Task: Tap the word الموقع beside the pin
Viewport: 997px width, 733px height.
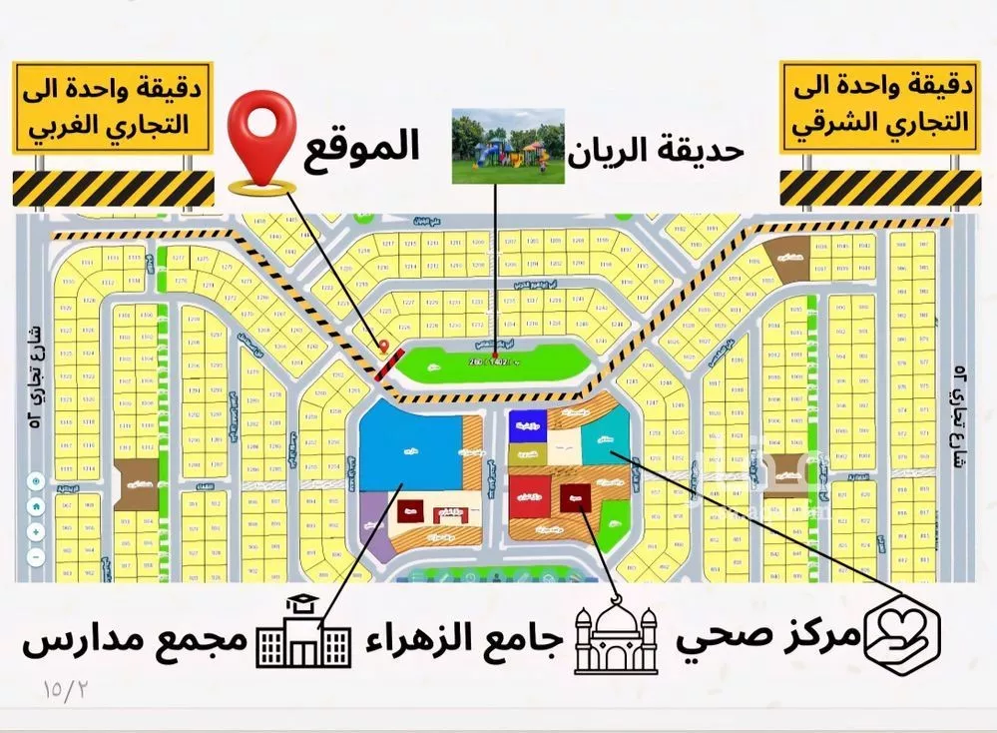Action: click(x=356, y=148)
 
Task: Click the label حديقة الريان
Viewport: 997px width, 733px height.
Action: click(x=657, y=152)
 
